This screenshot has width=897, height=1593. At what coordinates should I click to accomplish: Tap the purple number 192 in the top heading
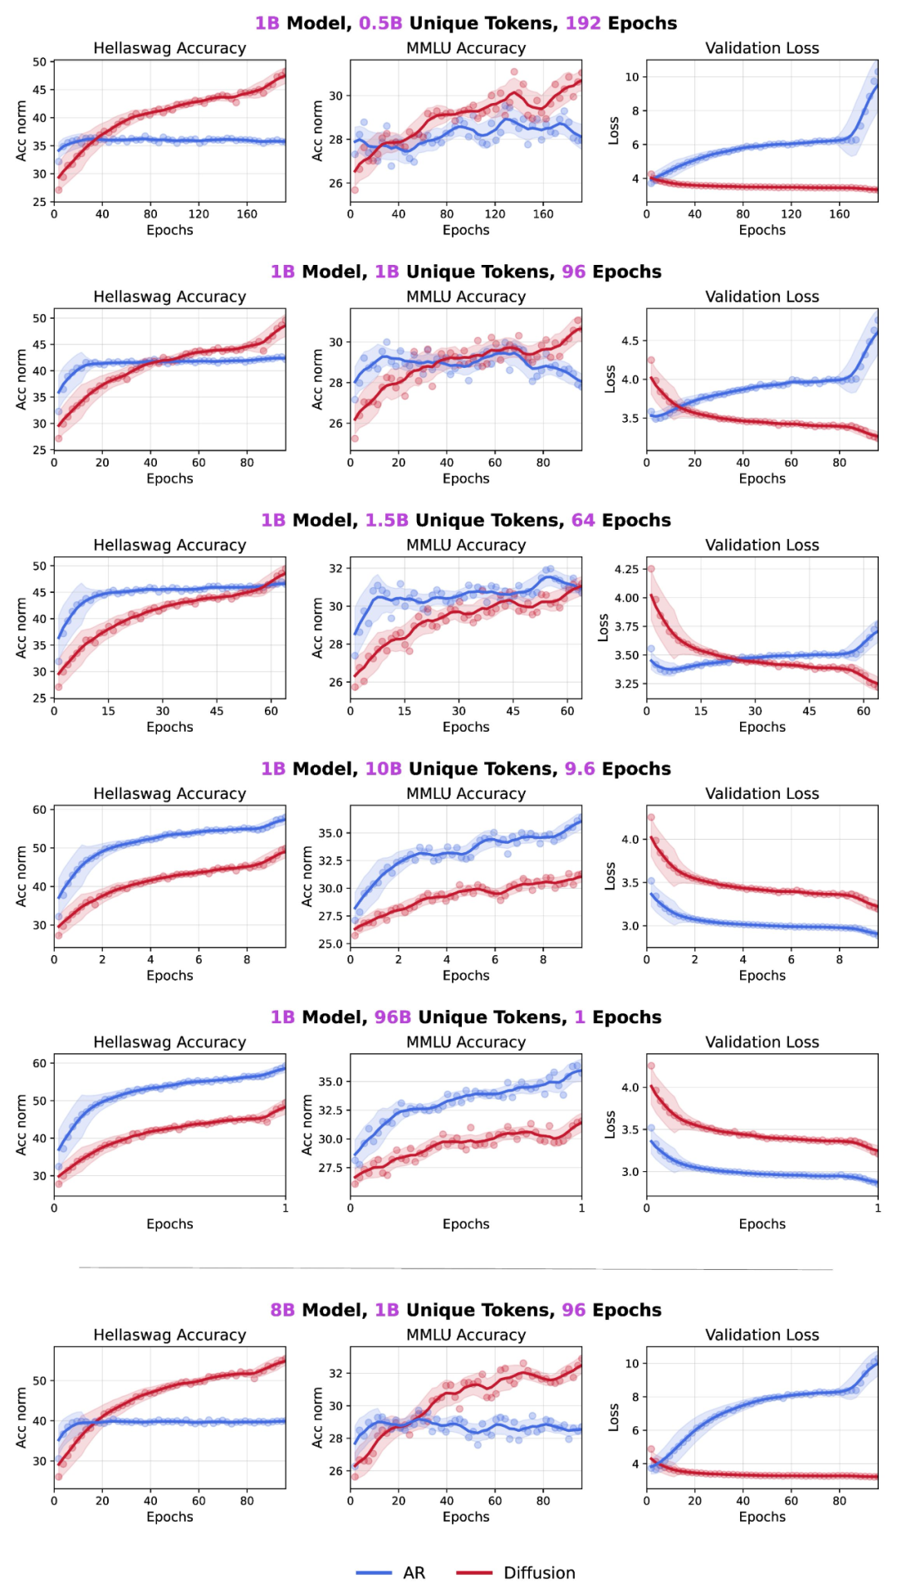[x=583, y=23]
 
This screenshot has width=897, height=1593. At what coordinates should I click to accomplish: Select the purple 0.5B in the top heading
[x=380, y=23]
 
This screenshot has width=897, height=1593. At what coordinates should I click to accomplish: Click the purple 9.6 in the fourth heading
[x=580, y=768]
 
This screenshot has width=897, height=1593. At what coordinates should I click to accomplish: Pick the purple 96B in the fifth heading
[x=393, y=1017]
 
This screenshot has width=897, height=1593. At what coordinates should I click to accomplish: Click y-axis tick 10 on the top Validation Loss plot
[x=632, y=77]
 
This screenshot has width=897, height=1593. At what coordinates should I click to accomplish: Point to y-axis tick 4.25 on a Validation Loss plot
[x=626, y=569]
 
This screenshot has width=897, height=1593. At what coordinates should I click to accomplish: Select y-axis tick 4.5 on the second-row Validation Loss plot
[x=630, y=341]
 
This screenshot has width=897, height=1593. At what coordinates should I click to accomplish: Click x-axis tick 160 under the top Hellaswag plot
[x=247, y=214]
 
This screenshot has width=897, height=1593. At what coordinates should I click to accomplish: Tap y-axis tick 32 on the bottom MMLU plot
[x=336, y=1373]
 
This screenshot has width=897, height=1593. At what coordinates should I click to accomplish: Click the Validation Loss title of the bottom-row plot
[x=762, y=1335]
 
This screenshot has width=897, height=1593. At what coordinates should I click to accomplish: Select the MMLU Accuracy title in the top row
[x=465, y=48]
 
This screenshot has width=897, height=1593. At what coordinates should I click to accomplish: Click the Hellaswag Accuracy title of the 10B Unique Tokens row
[x=169, y=793]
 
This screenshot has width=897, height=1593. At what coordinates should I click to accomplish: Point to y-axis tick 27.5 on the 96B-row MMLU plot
[x=331, y=1168]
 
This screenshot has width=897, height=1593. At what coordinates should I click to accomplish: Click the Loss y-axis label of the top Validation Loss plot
[x=614, y=130]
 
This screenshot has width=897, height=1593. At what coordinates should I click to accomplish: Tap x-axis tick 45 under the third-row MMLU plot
[x=513, y=711]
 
